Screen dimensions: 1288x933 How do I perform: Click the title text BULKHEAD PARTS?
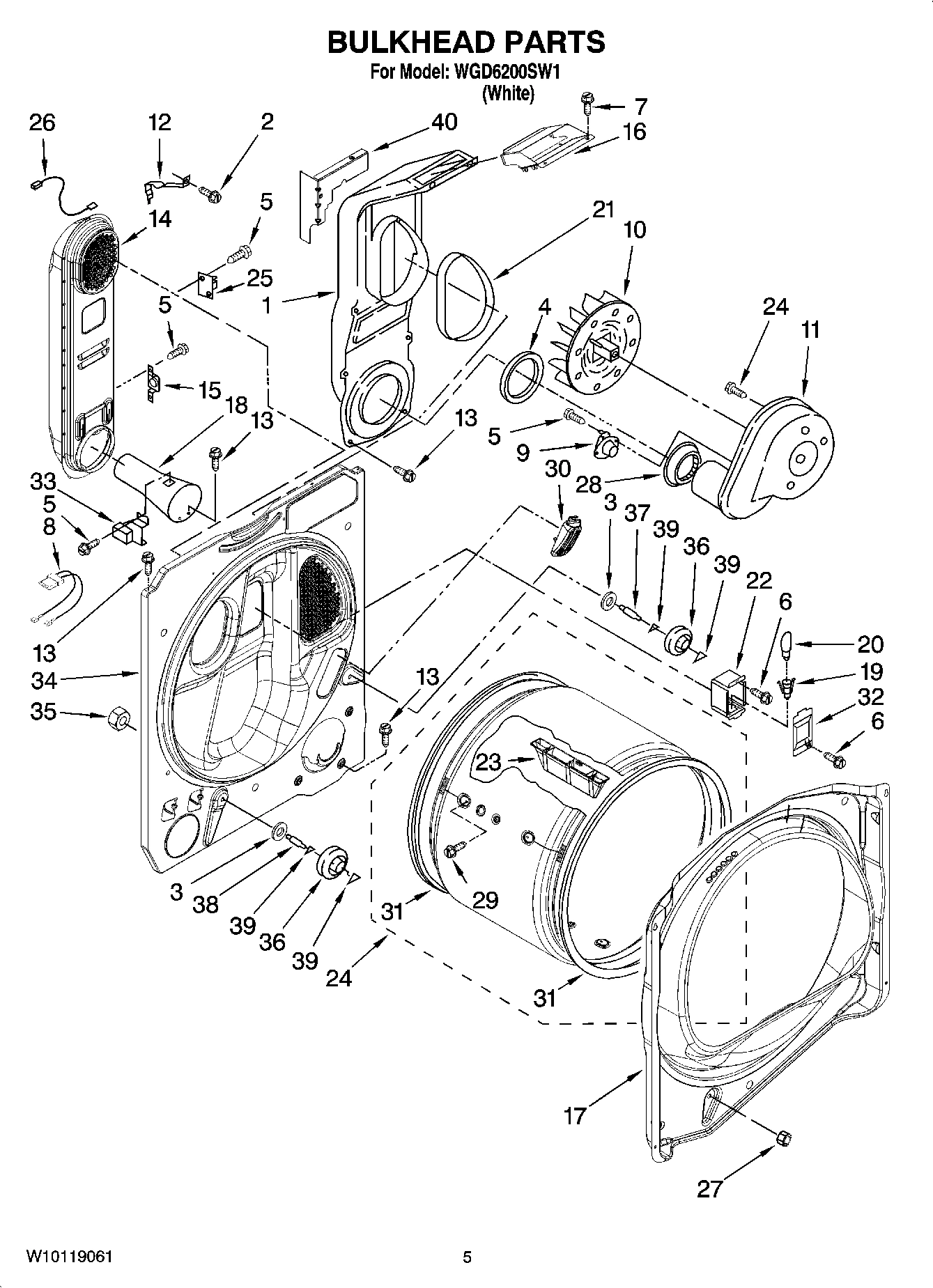point(466,43)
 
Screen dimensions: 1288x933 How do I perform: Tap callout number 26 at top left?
point(42,123)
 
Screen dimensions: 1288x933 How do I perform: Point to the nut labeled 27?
point(783,1138)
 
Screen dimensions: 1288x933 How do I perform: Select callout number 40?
point(444,123)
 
